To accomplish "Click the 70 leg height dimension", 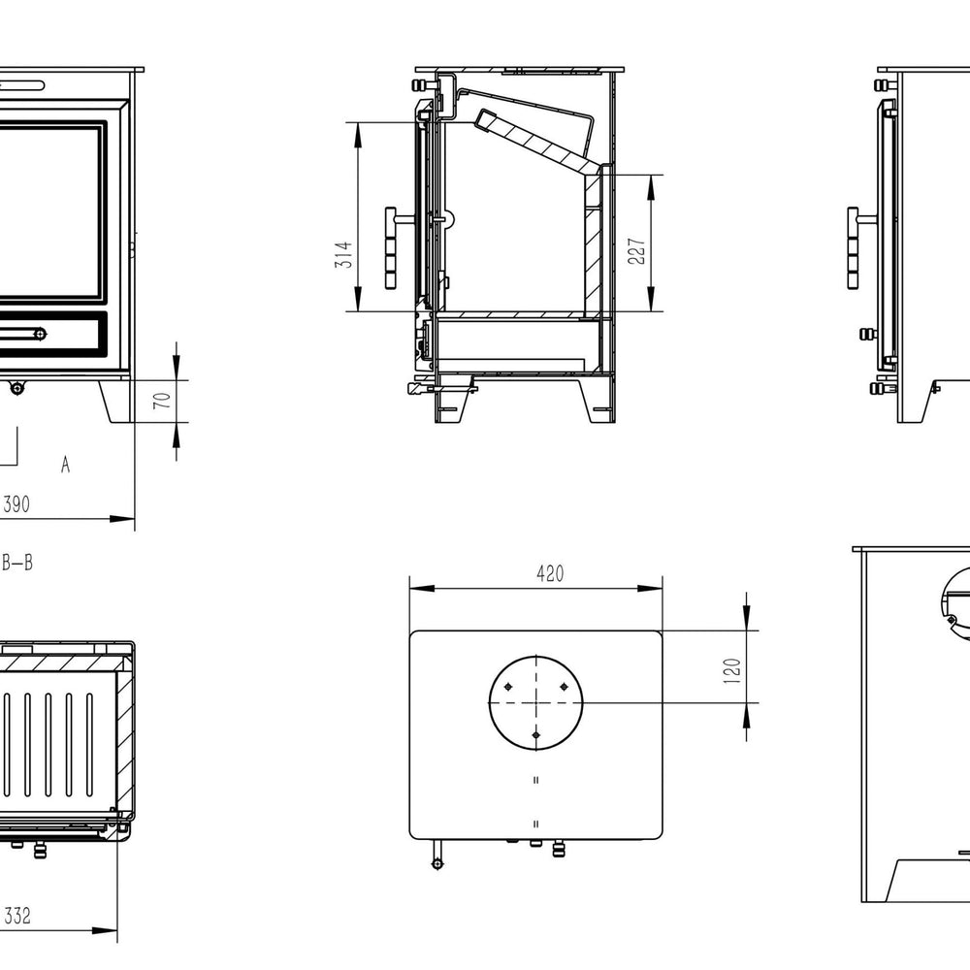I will pyautogui.click(x=164, y=400).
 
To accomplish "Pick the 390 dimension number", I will pyautogui.click(x=16, y=504).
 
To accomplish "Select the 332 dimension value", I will pyautogui.click(x=16, y=916).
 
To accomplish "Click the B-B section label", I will pyautogui.click(x=17, y=563).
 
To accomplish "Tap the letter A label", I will pyautogui.click(x=65, y=466).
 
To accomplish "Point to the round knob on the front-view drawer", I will pyautogui.click(x=40, y=334).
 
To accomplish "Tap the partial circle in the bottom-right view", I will pyautogui.click(x=955, y=601).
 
